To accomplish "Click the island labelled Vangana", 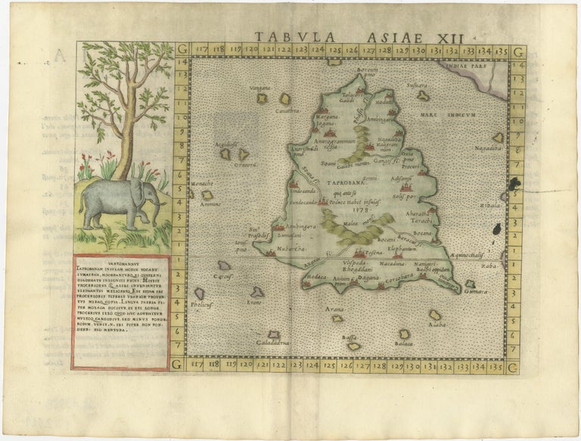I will point(263,97).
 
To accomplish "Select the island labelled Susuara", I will point(422,95).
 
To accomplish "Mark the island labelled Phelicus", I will point(199,293).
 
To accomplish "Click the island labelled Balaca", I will point(404,334).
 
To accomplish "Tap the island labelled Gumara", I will point(470,284).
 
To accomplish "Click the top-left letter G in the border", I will point(182,51).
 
